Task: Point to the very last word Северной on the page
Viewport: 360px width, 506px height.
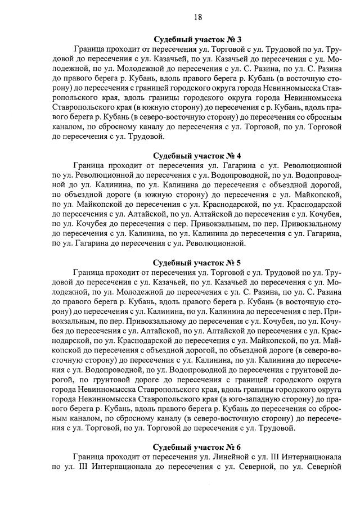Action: pos(326,468)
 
